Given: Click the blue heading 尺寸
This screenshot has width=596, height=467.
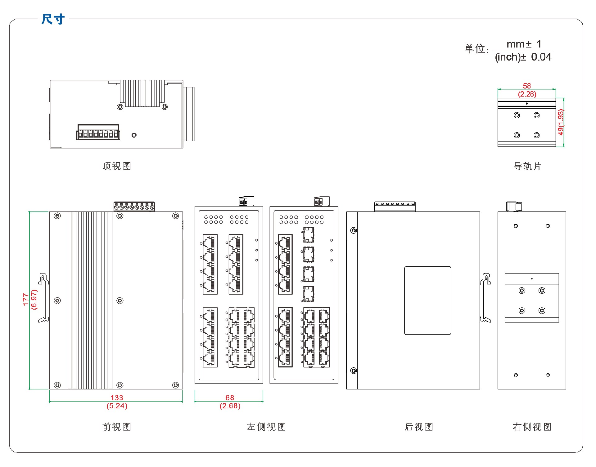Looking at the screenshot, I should [x=53, y=19].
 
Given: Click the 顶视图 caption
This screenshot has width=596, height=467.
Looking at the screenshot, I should [x=117, y=166].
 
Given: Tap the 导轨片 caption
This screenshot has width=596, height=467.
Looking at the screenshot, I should [x=527, y=166].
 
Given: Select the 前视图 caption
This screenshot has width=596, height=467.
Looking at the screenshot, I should [x=117, y=427].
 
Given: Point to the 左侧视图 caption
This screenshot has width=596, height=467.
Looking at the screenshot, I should [x=266, y=427].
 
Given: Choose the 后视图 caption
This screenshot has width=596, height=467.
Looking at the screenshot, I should [x=419, y=427].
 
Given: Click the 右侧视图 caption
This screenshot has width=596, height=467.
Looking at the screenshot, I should [x=532, y=427].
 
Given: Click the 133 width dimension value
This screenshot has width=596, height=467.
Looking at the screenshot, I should [x=117, y=397].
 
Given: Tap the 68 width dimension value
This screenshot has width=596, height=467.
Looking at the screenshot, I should [x=230, y=397].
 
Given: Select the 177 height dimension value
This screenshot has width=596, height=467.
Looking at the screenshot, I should [x=26, y=299].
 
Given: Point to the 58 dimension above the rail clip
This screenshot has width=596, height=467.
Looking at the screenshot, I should [x=527, y=86].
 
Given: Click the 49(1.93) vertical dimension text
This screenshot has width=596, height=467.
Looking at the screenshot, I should [x=560, y=122].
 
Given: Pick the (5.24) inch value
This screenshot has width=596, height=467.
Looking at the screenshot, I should [x=117, y=406].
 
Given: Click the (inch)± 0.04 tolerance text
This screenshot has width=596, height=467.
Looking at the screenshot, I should [x=523, y=57].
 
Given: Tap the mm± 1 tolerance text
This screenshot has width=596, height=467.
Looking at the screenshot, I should [x=524, y=44].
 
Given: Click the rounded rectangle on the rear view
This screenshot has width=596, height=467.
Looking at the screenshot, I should [x=427, y=300].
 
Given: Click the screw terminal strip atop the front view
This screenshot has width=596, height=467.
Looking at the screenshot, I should [x=134, y=206].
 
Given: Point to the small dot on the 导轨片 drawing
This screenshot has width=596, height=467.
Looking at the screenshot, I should [x=527, y=103].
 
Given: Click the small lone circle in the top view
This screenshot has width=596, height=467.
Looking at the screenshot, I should [x=134, y=135].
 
